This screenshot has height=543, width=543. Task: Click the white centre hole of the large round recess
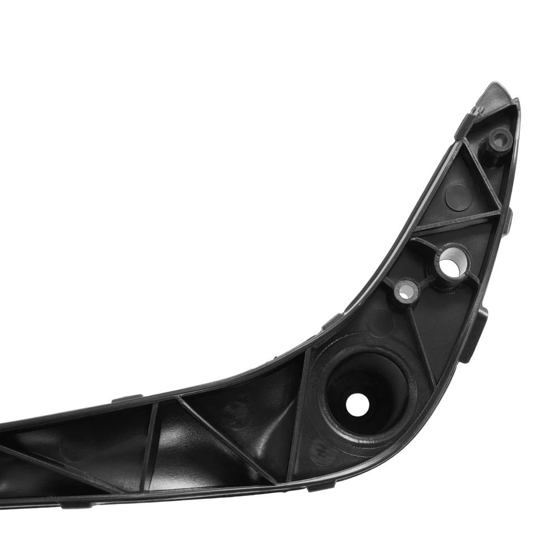tap(357, 404)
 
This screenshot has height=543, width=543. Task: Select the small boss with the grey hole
tap(406, 291)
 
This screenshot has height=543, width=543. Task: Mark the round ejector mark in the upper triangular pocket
tap(458, 196)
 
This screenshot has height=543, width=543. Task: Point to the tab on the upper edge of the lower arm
tap(127, 398)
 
